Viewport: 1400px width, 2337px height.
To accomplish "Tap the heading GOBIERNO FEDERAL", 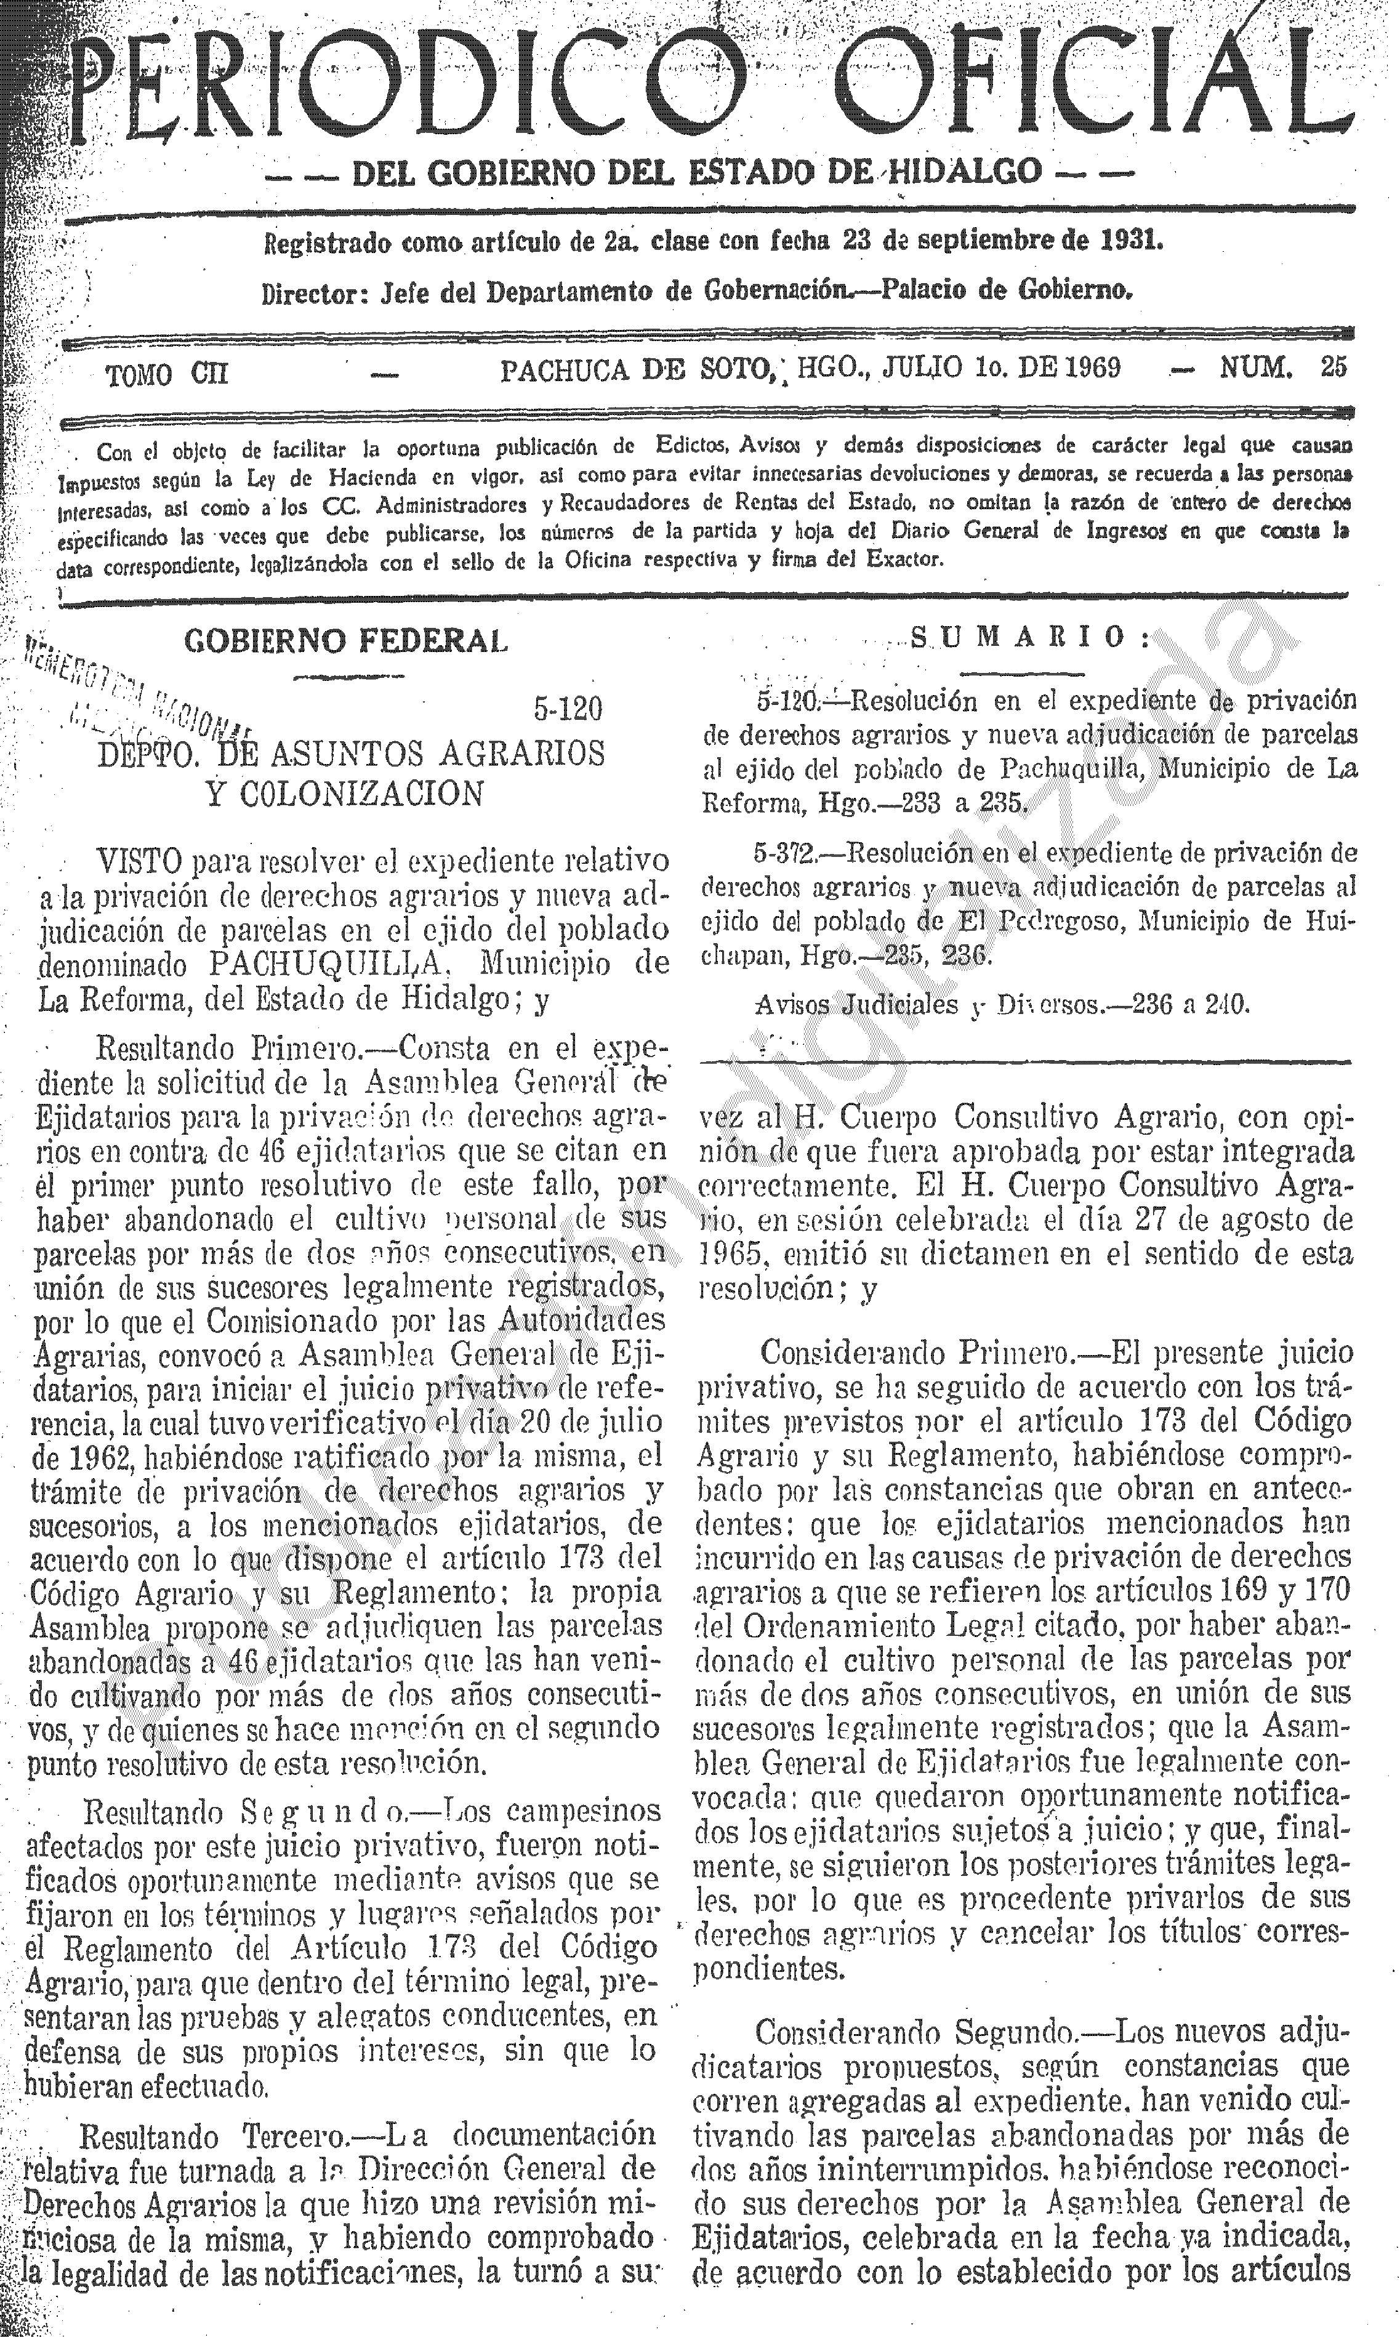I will [345, 642].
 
